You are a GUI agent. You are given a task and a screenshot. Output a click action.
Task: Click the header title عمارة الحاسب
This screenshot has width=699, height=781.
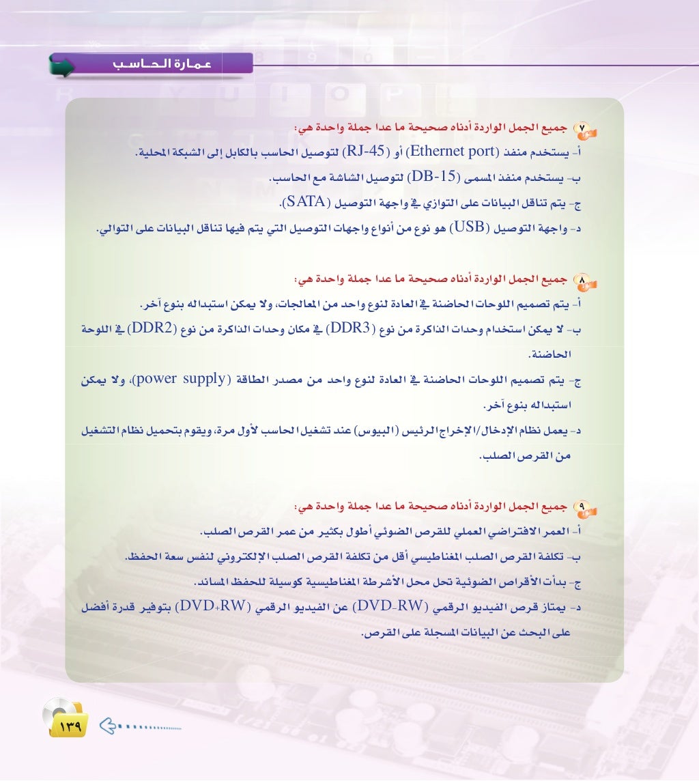[x=162, y=65]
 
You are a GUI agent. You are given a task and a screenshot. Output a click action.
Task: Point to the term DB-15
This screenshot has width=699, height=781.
[x=434, y=178]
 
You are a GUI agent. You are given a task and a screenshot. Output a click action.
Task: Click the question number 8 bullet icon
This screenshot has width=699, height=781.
[x=586, y=280]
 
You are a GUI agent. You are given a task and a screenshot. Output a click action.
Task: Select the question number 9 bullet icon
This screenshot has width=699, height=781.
[x=586, y=507]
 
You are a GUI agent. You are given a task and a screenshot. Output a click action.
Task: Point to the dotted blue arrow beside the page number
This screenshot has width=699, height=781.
[x=140, y=724]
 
